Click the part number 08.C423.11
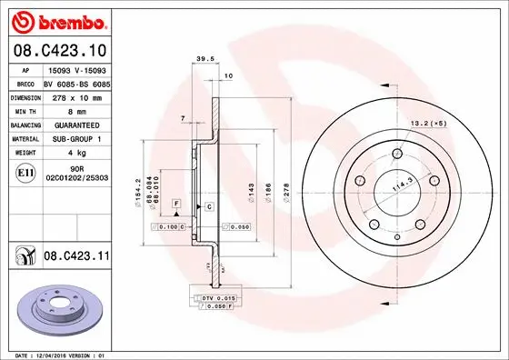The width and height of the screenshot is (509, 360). pyautogui.click(x=75, y=257)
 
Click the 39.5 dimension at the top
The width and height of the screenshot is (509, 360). pyautogui.click(x=205, y=62)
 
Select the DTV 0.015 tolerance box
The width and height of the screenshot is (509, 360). pyautogui.click(x=219, y=299)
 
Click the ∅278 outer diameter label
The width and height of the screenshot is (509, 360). pyautogui.click(x=286, y=193)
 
